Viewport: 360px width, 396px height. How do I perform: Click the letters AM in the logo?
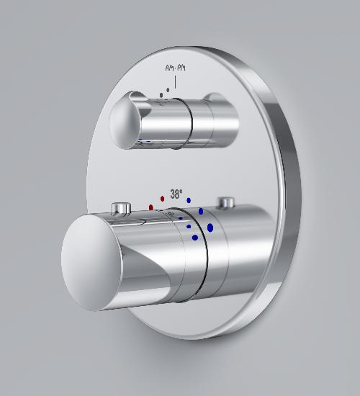[x=169, y=68]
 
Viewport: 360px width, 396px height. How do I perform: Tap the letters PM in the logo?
[x=181, y=68]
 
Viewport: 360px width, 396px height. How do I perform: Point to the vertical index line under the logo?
[x=176, y=81]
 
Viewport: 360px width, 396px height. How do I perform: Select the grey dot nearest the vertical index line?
[x=168, y=90]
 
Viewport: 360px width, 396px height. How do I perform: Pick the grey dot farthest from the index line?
[x=161, y=95]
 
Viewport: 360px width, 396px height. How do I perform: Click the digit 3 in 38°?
[x=173, y=194]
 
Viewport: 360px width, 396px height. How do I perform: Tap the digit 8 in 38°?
[x=178, y=194]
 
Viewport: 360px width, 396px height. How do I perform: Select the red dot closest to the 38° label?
[x=163, y=199]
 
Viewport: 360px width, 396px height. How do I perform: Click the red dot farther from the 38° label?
[x=151, y=207]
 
